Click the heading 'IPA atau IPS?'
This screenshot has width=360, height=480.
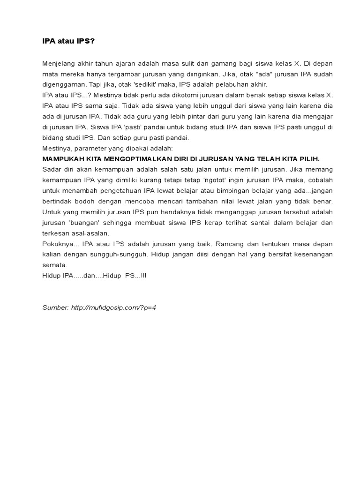tap(68, 41)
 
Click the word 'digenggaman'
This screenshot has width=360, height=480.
tap(63, 84)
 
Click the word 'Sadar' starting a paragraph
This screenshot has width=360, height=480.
tap(51, 169)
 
